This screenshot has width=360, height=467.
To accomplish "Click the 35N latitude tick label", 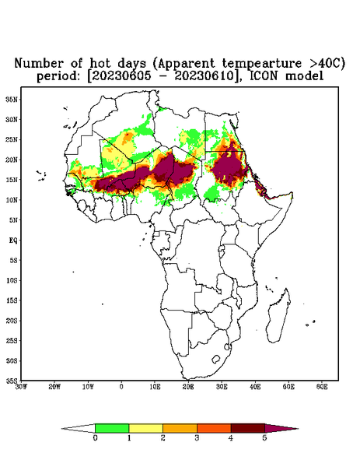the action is tap(12, 100).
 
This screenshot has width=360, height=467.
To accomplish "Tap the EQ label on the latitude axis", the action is tap(13, 241).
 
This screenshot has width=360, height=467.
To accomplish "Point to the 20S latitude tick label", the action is tap(12, 321).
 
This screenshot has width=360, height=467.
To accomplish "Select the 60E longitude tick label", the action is tap(322, 387).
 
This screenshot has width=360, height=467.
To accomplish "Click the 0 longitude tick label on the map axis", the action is tap(121, 387).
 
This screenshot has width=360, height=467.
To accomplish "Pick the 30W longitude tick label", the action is tap(21, 387).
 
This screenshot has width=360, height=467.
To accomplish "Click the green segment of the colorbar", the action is tap(112, 428).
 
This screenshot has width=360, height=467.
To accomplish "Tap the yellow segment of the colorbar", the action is tap(145, 428).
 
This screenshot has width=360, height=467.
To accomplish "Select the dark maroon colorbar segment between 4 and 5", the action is tap(248, 428).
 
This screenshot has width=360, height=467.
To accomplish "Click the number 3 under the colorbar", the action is tap(197, 438).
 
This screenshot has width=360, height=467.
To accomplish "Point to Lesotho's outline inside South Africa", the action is tap(215, 359).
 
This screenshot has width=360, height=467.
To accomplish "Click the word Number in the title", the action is tap(40, 64).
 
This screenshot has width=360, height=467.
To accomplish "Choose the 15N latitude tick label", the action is tap(12, 180).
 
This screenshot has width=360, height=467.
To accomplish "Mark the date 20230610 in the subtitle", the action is tap(204, 76).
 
